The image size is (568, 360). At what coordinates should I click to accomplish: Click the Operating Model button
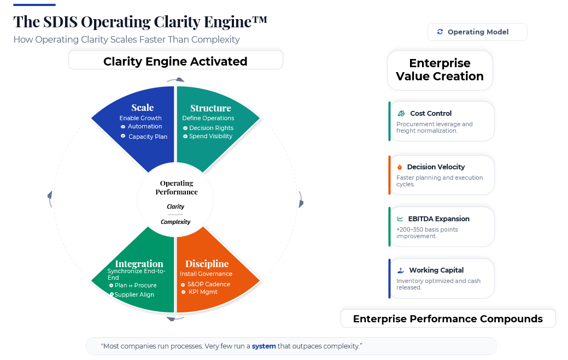477,32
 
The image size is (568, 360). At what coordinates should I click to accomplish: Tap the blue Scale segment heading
142,108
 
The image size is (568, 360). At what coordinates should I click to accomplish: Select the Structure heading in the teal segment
210,108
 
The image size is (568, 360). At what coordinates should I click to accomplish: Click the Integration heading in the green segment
139,264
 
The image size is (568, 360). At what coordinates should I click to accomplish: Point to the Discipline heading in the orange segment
207,264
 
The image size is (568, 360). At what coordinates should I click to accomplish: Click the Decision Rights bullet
211,128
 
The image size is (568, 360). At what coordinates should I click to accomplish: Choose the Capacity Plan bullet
148,137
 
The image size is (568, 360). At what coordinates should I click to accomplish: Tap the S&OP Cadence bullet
208,284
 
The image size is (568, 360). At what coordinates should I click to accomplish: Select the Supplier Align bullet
134,294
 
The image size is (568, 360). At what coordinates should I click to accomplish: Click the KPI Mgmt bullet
203,292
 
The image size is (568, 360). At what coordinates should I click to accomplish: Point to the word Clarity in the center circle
175,206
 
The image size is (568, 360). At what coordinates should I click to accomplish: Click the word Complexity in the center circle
175,222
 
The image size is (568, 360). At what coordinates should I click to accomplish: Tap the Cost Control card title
431,114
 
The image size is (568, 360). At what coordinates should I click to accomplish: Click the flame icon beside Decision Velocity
400,167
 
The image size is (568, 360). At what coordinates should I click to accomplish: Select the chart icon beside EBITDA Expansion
400,219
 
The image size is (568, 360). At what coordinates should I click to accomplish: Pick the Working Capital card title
436,270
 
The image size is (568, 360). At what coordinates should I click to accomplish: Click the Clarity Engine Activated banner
175,62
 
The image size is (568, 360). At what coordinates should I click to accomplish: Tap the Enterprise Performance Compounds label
448,319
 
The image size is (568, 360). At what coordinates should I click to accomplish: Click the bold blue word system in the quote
263,346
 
